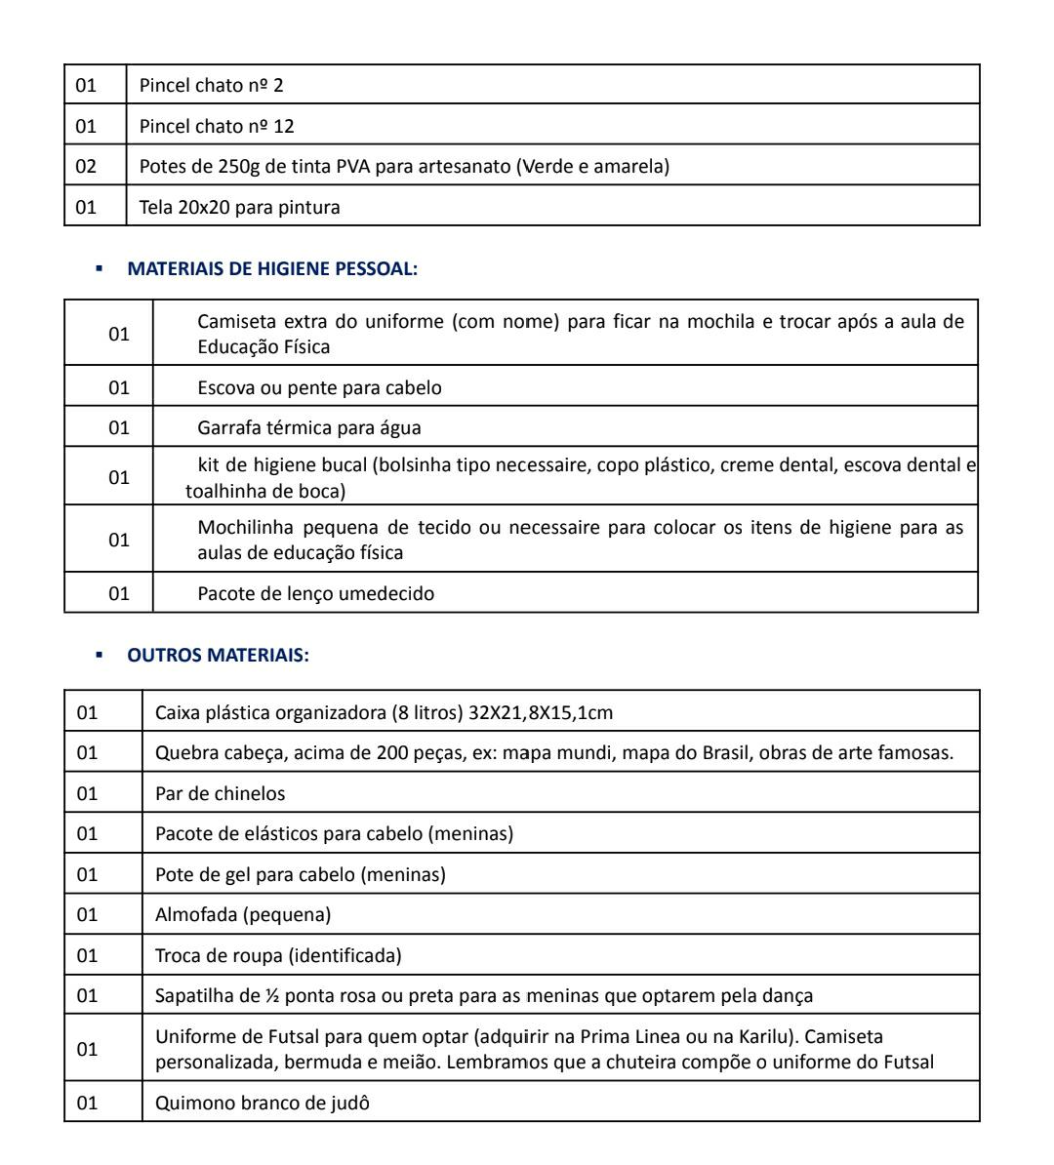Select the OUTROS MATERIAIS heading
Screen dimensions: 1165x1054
[218, 657]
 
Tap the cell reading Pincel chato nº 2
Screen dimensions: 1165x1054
[212, 86]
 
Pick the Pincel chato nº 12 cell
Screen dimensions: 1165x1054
[217, 127]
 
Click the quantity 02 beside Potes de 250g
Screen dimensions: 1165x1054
[87, 167]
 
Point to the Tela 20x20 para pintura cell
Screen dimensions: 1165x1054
[240, 207]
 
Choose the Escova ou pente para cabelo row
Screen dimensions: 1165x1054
[319, 387]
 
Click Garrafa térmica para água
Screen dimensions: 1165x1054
[309, 427]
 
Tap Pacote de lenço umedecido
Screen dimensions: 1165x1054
[316, 593]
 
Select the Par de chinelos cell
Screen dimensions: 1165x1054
[221, 793]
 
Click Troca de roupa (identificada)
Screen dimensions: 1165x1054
[278, 955]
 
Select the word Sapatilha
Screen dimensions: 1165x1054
[192, 996]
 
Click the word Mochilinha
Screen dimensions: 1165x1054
[241, 528]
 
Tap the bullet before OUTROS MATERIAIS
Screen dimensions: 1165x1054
[101, 657]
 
